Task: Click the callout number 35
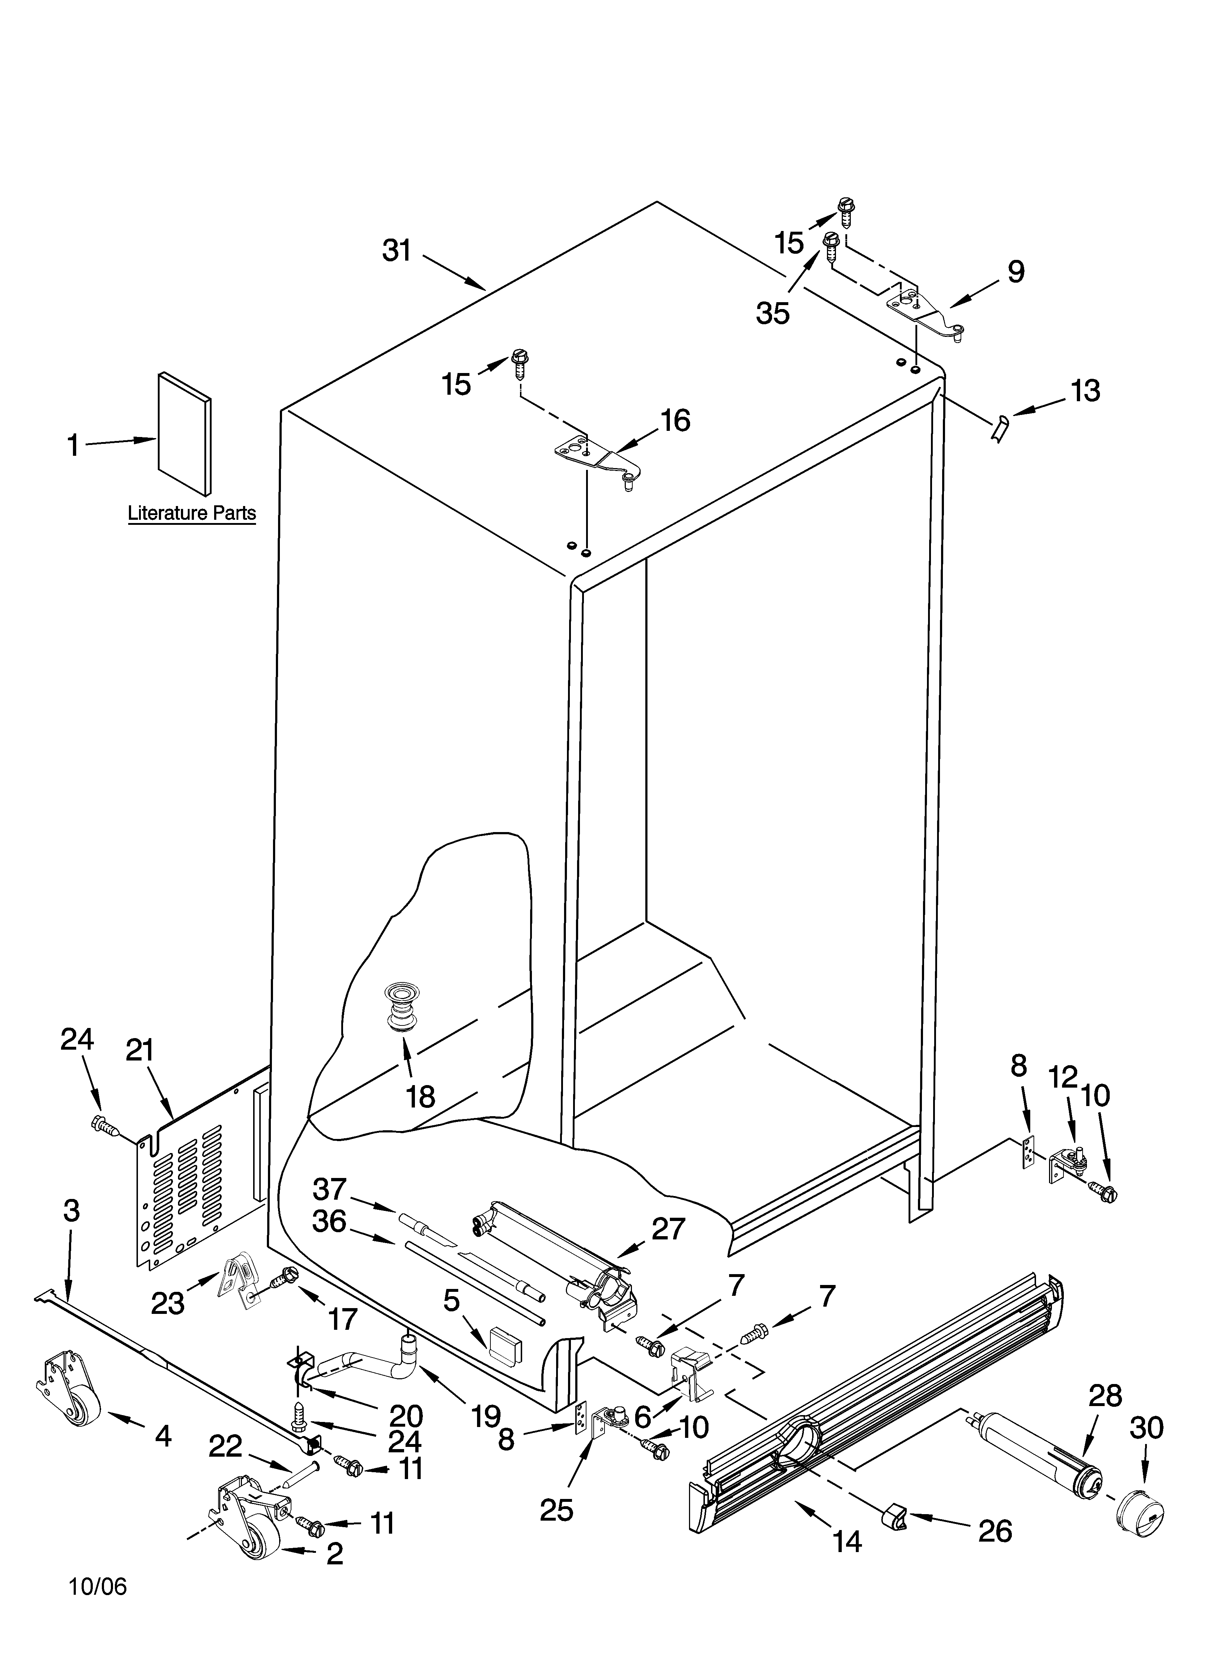pyautogui.click(x=772, y=313)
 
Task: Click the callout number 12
pyautogui.click(x=1062, y=1078)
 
